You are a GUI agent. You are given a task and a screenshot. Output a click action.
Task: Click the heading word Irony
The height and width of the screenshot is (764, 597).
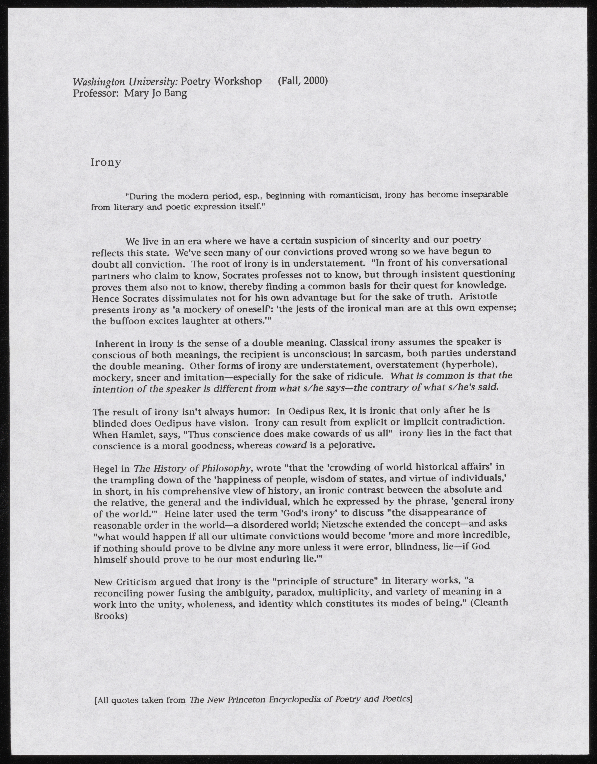click(106, 163)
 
